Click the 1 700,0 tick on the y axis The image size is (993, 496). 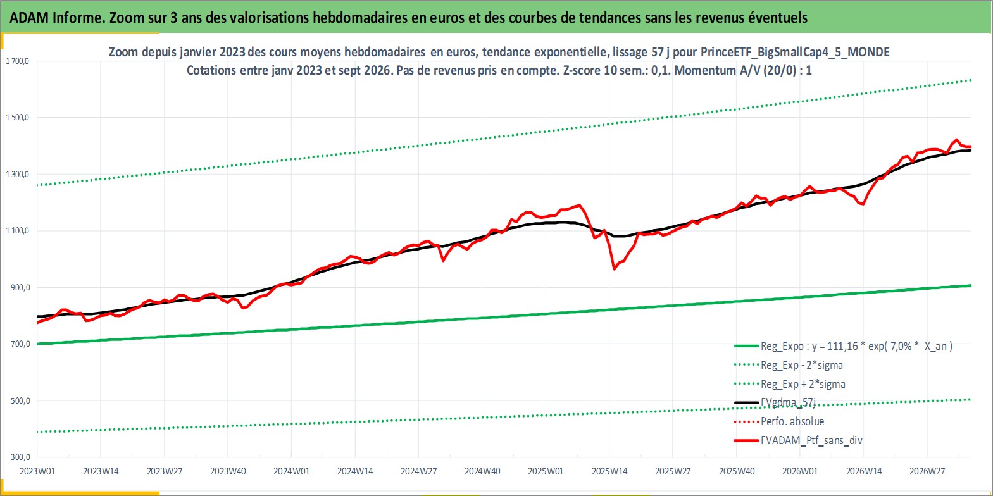[17, 61]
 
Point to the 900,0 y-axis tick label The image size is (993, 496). [20, 288]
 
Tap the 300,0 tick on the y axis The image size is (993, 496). [20, 457]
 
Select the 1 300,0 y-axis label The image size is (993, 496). [17, 174]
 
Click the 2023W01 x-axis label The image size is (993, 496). [37, 471]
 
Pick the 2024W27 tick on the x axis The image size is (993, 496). [418, 471]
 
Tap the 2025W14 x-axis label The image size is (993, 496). [609, 471]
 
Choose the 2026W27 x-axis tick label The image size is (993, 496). [927, 471]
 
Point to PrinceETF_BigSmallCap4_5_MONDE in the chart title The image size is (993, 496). [795, 53]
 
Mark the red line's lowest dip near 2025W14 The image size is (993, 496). [614, 269]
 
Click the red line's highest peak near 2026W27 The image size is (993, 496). [956, 140]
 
